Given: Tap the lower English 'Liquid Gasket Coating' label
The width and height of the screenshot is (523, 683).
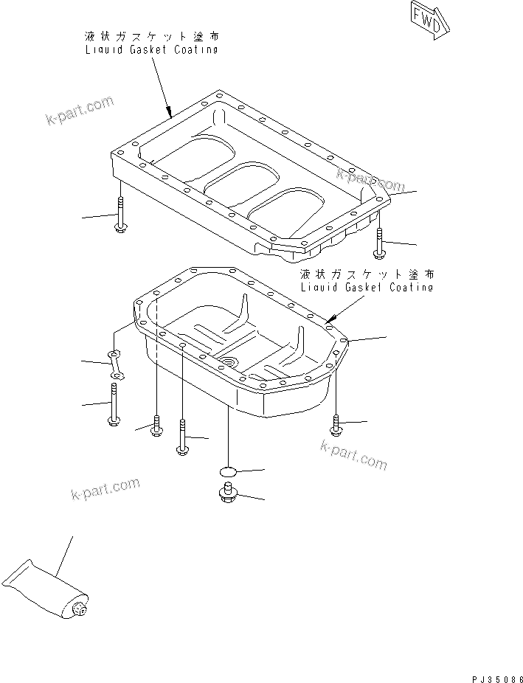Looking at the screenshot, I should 366,287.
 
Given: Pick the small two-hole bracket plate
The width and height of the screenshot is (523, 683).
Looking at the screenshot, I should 117,366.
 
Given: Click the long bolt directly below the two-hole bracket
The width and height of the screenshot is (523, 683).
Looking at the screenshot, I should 113,406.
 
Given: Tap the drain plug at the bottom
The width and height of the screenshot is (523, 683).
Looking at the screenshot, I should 228,496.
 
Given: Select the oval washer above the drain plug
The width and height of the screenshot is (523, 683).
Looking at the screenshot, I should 228,471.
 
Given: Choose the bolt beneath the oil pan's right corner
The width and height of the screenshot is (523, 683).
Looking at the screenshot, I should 336,425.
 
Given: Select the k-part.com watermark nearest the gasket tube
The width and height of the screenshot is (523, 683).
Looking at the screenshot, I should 105,488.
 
